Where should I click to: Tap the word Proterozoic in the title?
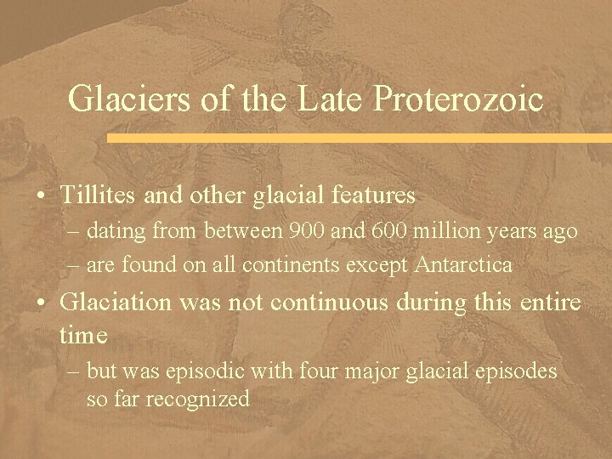tap(458, 99)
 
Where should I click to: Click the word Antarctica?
tap(465, 265)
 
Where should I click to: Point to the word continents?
tap(280, 265)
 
